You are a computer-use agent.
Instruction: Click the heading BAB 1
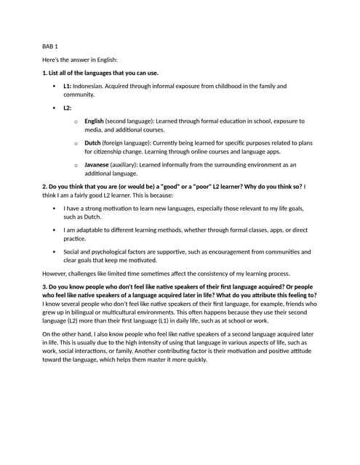click(50, 46)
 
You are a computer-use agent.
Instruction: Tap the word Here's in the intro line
click(52, 60)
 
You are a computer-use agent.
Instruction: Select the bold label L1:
click(68, 86)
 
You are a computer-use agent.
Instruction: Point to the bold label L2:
click(68, 108)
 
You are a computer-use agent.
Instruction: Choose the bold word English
click(94, 121)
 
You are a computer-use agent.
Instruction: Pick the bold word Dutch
click(92, 143)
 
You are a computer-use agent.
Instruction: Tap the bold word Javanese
click(97, 165)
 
